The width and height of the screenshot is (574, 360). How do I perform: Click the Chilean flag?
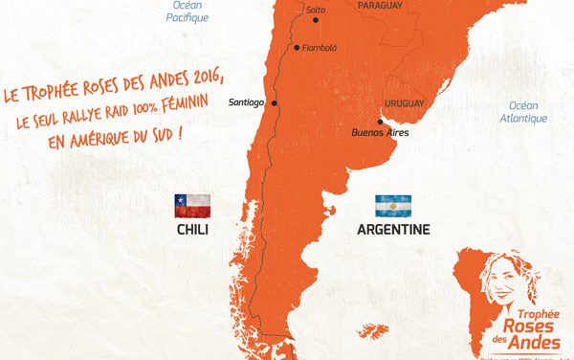(191, 204)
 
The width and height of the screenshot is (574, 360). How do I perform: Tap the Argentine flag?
(393, 205)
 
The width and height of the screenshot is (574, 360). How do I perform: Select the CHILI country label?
(192, 230)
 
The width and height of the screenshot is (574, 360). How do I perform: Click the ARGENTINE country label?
(393, 230)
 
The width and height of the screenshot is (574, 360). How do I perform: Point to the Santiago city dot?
(275, 103)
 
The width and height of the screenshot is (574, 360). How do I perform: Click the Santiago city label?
(248, 103)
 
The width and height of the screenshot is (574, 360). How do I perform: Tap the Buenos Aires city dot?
(381, 121)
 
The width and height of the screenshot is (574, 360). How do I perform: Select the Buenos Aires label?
(381, 132)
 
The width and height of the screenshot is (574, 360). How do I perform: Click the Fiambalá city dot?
(297, 47)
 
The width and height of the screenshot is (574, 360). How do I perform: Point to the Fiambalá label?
(318, 47)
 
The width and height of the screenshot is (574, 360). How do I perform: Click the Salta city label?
(315, 10)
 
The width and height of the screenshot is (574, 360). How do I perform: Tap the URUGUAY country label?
(404, 102)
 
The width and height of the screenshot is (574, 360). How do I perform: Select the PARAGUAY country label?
(380, 5)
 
